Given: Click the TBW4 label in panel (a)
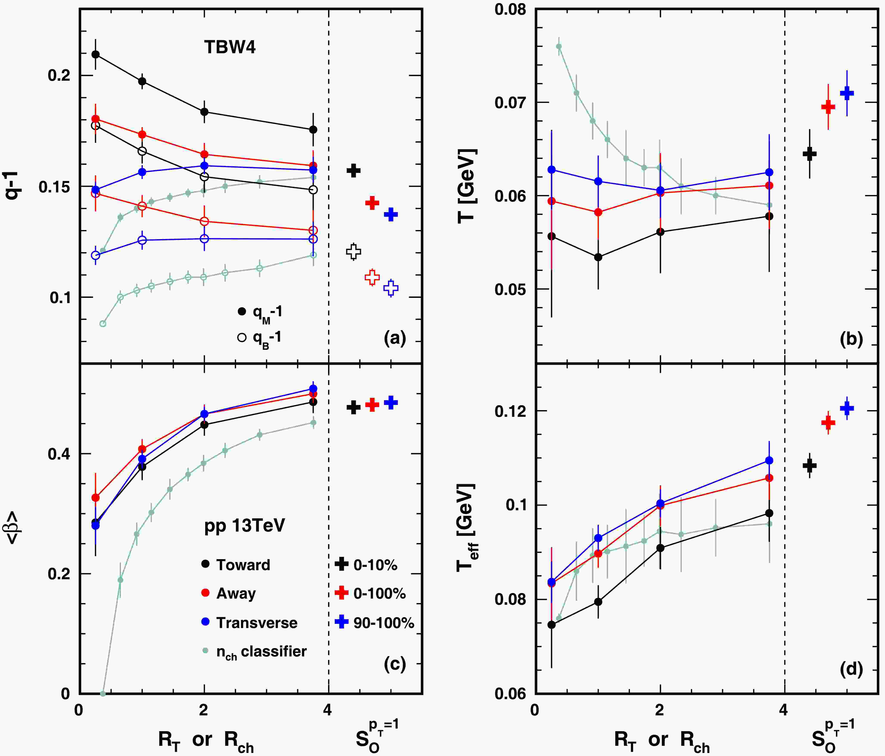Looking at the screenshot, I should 230,47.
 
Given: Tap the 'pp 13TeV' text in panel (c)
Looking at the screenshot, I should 244,525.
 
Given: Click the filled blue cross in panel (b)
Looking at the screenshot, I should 847,93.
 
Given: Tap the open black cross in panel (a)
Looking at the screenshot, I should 353,252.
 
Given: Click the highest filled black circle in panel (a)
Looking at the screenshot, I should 96,54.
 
